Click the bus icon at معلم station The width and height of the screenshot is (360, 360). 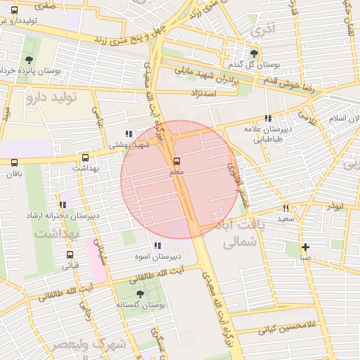click(176, 161)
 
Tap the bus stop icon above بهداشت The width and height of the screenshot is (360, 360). click(86, 158)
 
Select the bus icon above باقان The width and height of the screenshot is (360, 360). click(15, 162)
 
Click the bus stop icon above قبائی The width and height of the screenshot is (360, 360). click(70, 255)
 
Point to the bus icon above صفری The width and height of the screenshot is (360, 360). click(15, 10)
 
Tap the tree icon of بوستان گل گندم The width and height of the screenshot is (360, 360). click(254, 53)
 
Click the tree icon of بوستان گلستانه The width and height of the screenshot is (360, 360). click(139, 293)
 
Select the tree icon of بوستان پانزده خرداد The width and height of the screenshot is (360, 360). click(29, 60)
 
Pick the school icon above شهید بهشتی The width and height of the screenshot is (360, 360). click(128, 134)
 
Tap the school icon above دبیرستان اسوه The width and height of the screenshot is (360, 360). click(157, 245)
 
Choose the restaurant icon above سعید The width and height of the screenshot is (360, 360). click(285, 208)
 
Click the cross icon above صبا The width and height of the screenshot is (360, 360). click(304, 247)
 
